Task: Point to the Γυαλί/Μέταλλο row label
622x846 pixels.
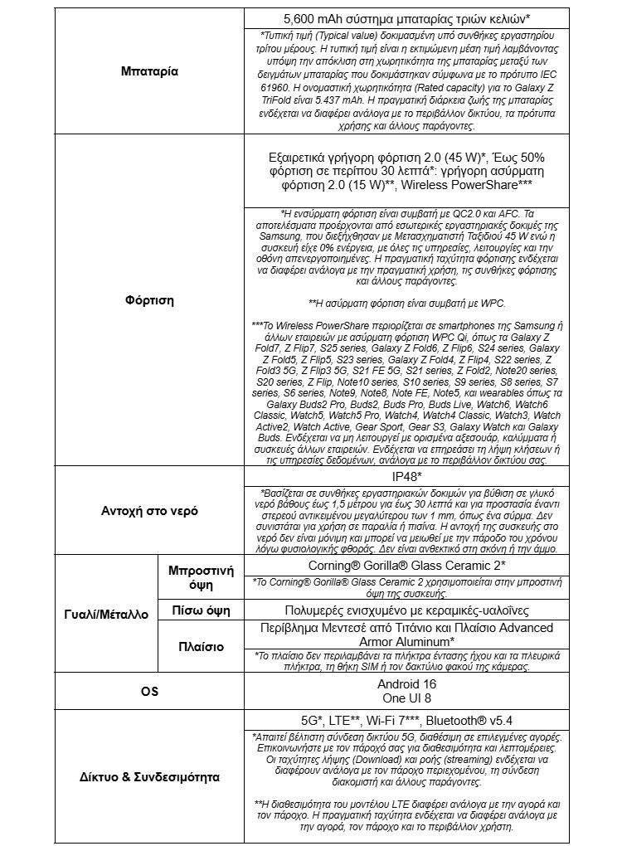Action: tap(105, 615)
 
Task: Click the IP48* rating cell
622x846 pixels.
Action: tap(407, 478)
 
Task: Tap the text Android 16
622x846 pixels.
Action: tap(406, 684)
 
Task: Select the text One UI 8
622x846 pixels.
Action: tap(406, 699)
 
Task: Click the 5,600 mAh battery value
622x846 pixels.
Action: tap(407, 18)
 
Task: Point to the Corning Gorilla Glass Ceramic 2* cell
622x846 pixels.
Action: tap(407, 565)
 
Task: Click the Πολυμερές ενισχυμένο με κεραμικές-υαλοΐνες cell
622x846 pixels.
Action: tap(407, 610)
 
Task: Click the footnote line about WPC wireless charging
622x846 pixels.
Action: tap(407, 303)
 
